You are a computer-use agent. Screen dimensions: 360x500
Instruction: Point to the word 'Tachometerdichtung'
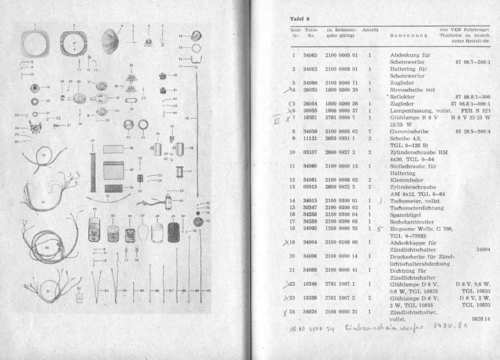click(x=413, y=207)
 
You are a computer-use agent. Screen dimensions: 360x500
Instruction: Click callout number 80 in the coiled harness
click(x=47, y=248)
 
